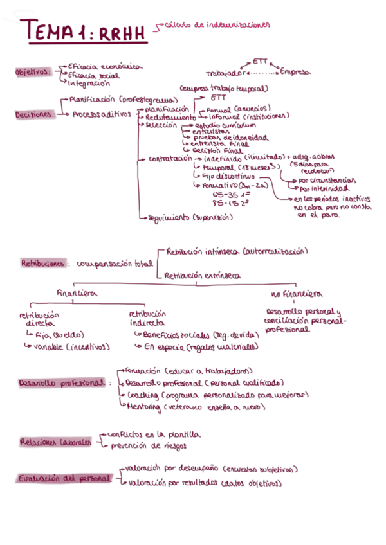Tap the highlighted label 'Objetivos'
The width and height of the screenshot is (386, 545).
[x=33, y=73]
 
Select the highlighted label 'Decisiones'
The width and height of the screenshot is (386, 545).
[x=33, y=114]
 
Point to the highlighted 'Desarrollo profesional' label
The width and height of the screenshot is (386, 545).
[x=62, y=383]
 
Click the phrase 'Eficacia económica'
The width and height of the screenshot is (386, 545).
[x=105, y=66]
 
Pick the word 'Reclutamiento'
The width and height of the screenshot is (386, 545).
[x=170, y=118]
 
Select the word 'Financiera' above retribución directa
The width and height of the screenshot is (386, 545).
[x=77, y=292]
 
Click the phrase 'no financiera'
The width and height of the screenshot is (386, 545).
[x=297, y=294]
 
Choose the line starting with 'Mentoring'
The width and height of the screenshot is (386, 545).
[x=193, y=407]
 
